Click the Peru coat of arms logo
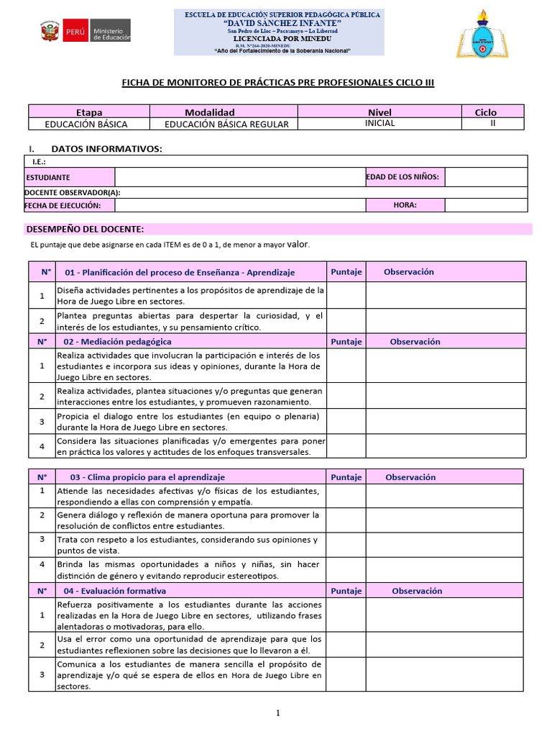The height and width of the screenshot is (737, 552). coord(50,32)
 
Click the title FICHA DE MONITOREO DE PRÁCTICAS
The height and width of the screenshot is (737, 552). coord(277,83)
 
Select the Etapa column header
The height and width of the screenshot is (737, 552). coord(89,112)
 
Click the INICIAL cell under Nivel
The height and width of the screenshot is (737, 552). coord(379,123)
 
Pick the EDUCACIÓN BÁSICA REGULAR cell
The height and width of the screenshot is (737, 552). coord(226,124)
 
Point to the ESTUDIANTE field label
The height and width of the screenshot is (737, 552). coord(48,177)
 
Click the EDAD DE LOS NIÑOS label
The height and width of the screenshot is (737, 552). coord(403,177)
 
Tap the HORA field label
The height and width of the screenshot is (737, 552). coord(405,205)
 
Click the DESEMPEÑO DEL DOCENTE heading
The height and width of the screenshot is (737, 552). coord(85,229)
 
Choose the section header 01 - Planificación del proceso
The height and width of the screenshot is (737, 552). coord(180,272)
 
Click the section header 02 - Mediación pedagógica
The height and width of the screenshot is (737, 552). coord(118,341)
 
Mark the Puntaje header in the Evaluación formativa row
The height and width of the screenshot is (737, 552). coord(346,590)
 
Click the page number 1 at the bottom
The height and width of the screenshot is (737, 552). coord(277,713)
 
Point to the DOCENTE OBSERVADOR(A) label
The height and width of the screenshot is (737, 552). coord(73,192)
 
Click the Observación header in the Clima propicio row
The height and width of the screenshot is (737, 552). coord(410,477)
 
